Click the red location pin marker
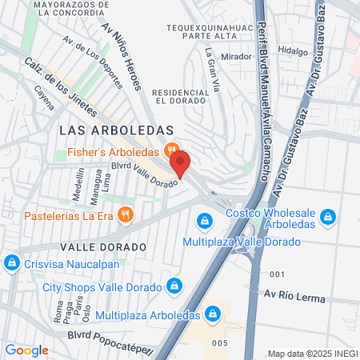point(180,163)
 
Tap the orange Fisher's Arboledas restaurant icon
point(170,150)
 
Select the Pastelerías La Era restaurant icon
point(124,214)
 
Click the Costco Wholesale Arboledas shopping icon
point(326,216)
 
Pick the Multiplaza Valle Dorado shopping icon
point(205,219)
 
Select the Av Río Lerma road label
point(295,298)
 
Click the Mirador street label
point(235,57)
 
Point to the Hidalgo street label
point(292,51)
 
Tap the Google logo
point(26,350)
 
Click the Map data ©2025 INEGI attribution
point(311,354)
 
